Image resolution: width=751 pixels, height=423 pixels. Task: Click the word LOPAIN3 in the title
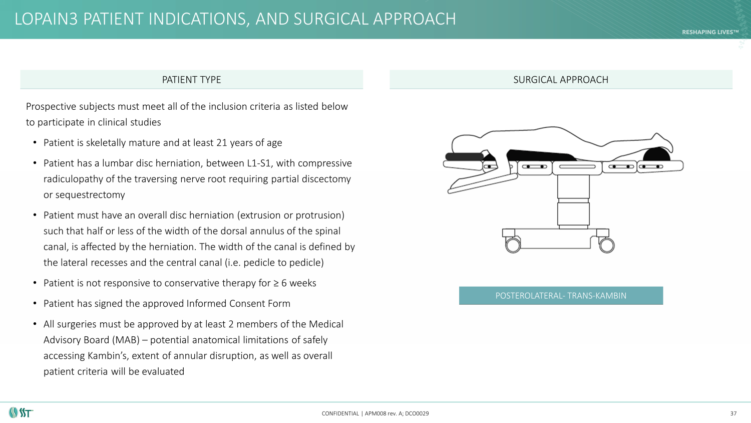[47, 19]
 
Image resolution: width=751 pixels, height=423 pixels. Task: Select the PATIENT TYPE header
[191, 80]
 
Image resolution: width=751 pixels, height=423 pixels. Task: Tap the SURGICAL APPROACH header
[561, 80]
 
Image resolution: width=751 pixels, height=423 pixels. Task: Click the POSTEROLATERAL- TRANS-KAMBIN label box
[561, 296]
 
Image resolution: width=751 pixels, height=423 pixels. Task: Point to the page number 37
[733, 413]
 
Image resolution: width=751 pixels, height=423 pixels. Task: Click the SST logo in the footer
[21, 413]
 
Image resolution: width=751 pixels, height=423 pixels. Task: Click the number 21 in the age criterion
[222, 143]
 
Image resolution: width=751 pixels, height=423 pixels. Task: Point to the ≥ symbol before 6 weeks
[276, 284]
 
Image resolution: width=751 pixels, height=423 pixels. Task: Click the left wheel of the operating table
[513, 245]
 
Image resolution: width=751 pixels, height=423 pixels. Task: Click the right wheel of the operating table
[607, 245]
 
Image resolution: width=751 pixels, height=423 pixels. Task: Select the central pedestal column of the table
[573, 200]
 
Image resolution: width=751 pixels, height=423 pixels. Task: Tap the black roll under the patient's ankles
[656, 154]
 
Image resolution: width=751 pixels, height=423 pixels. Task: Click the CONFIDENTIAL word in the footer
[340, 414]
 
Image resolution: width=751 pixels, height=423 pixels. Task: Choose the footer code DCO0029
[417, 414]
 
